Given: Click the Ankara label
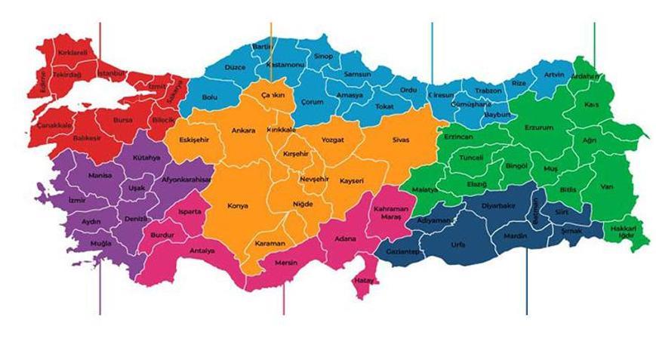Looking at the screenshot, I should pyautogui.click(x=244, y=130).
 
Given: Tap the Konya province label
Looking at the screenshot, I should pyautogui.click(x=238, y=205).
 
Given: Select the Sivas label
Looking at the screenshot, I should pyautogui.click(x=400, y=140).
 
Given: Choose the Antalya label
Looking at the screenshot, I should pyautogui.click(x=202, y=251).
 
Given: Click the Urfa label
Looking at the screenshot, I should pyautogui.click(x=457, y=245).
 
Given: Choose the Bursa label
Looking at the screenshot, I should pyautogui.click(x=122, y=119).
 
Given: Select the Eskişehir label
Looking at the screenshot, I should pyautogui.click(x=194, y=140).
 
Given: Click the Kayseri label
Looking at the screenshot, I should pyautogui.click(x=352, y=181).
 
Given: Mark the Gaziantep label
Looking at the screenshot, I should pyautogui.click(x=402, y=251).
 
